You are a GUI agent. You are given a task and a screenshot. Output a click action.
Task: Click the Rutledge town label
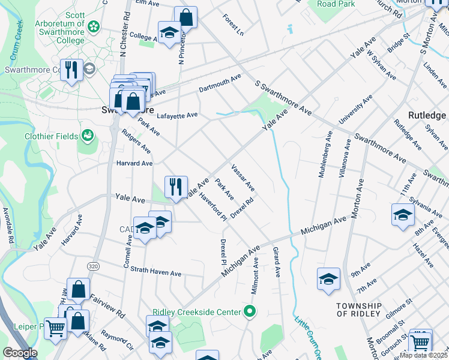[x=427, y=115]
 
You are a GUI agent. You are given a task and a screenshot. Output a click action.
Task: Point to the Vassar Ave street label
[x=243, y=178]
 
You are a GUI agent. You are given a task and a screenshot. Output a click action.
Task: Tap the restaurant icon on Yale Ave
[x=176, y=186]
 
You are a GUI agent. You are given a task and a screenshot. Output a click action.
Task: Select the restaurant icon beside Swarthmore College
[x=71, y=70]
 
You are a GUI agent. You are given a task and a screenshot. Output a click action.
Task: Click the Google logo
[x=20, y=353]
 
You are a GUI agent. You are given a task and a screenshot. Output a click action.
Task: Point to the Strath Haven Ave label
[x=155, y=272]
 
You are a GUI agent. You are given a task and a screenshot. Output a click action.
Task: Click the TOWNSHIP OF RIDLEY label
[x=359, y=310]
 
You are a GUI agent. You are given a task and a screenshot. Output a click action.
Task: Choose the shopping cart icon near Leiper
[x=56, y=328]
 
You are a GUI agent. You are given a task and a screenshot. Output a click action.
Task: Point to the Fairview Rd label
[x=107, y=305]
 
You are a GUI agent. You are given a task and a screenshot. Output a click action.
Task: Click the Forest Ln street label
[x=234, y=25]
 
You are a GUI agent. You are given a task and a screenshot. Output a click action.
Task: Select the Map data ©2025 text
[x=423, y=355]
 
